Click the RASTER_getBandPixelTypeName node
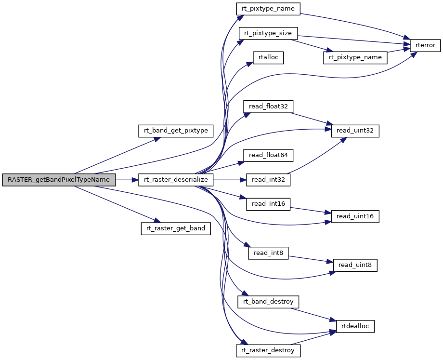[x=59, y=180]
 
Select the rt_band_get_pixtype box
[x=176, y=130]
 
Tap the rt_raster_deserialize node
[x=176, y=180]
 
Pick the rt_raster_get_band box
[x=176, y=228]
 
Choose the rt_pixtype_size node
[x=269, y=33]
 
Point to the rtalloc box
[x=269, y=58]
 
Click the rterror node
[x=423, y=45]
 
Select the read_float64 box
[x=268, y=155]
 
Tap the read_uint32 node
[x=355, y=131]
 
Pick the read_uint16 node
[x=355, y=216]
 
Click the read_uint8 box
[x=355, y=265]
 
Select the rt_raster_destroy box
[x=268, y=350]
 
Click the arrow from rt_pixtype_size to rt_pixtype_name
[x=311, y=46]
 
